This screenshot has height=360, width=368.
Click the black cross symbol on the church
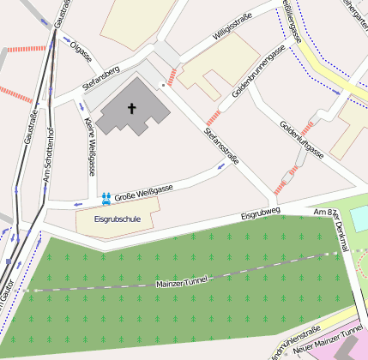[x=132, y=108]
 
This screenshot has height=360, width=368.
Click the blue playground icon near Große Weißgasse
[x=106, y=198]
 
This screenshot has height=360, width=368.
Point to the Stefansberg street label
[x=100, y=75]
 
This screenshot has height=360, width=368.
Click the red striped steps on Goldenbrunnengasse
[x=214, y=118]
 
